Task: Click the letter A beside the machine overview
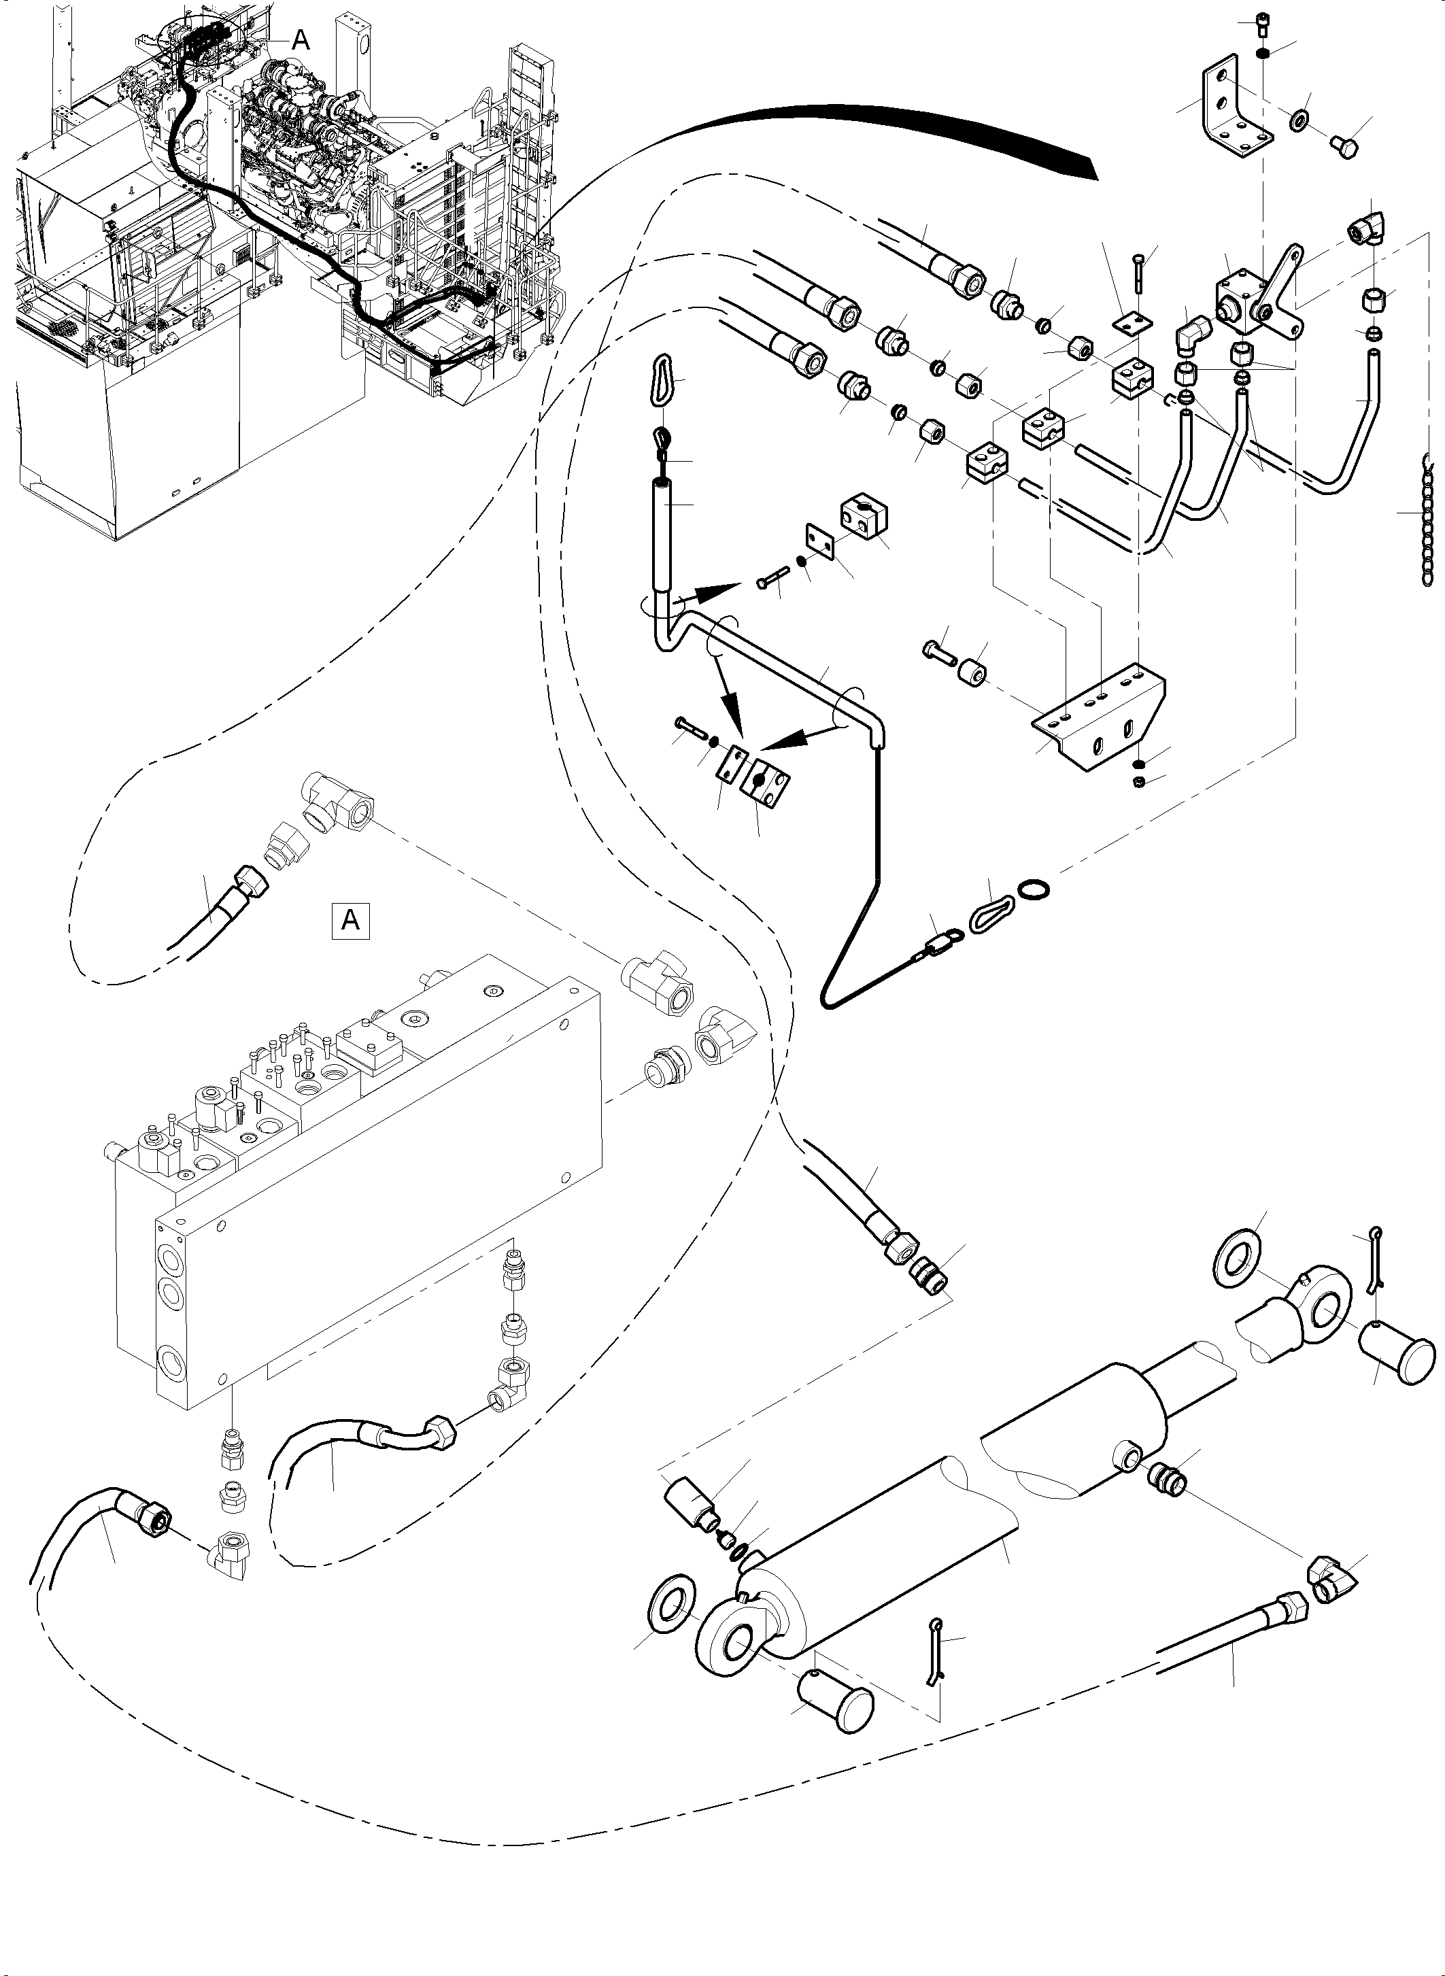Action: click(300, 39)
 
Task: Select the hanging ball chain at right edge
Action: click(1429, 525)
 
